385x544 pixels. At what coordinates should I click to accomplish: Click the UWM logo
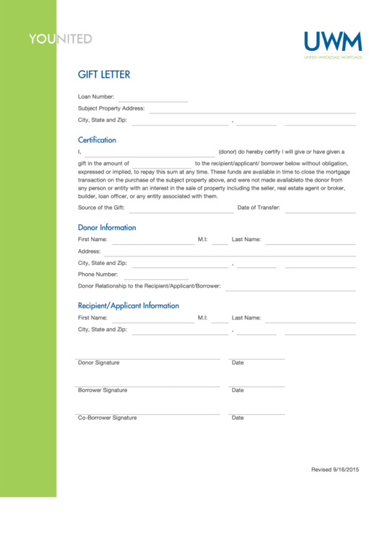pos(332,42)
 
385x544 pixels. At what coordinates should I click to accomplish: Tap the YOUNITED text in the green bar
pos(60,38)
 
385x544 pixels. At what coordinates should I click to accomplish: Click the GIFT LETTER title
pos(104,75)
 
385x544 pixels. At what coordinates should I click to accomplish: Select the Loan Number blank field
pos(153,98)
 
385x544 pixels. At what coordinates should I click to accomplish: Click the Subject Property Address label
pos(111,108)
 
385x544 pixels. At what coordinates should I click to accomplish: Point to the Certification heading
pos(97,140)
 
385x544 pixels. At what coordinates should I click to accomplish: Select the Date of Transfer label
pos(259,208)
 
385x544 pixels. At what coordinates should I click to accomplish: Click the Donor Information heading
pos(107,227)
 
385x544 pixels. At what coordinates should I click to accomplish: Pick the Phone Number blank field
pos(156,277)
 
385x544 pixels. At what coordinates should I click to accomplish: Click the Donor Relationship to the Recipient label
pos(149,286)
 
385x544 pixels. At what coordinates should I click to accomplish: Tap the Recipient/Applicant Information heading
pos(129,306)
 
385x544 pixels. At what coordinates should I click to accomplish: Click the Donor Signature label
pos(99,362)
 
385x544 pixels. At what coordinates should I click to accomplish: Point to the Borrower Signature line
pos(148,386)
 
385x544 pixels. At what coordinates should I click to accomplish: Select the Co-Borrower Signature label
pos(107,418)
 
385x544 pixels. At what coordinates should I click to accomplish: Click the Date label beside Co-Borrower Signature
pos(238,418)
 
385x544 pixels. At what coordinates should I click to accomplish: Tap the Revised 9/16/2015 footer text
pos(335,470)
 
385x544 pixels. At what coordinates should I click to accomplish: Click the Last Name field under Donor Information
pos(310,241)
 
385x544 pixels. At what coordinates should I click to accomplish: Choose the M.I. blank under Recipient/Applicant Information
pos(219,320)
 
